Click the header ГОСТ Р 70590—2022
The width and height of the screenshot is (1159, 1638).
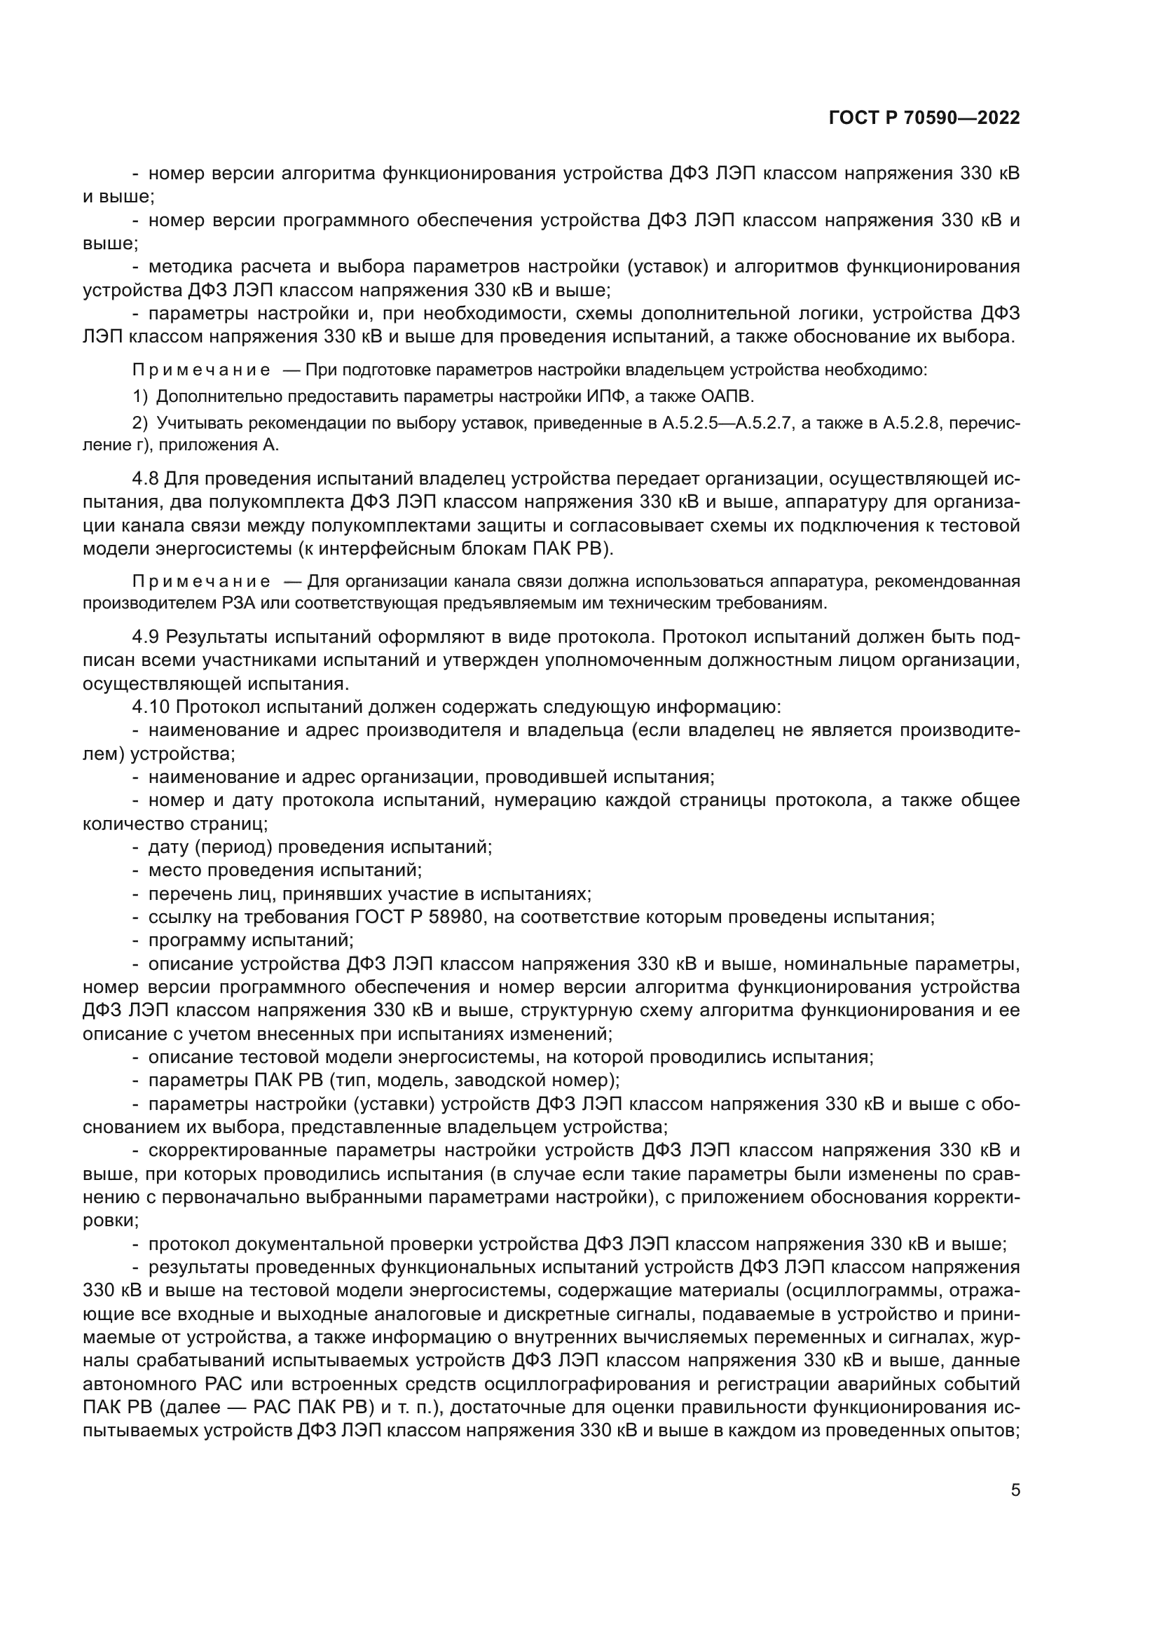click(924, 118)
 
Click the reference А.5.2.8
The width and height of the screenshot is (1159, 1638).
click(912, 423)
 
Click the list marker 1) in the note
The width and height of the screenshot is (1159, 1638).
click(140, 396)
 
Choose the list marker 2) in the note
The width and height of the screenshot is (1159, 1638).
click(140, 423)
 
